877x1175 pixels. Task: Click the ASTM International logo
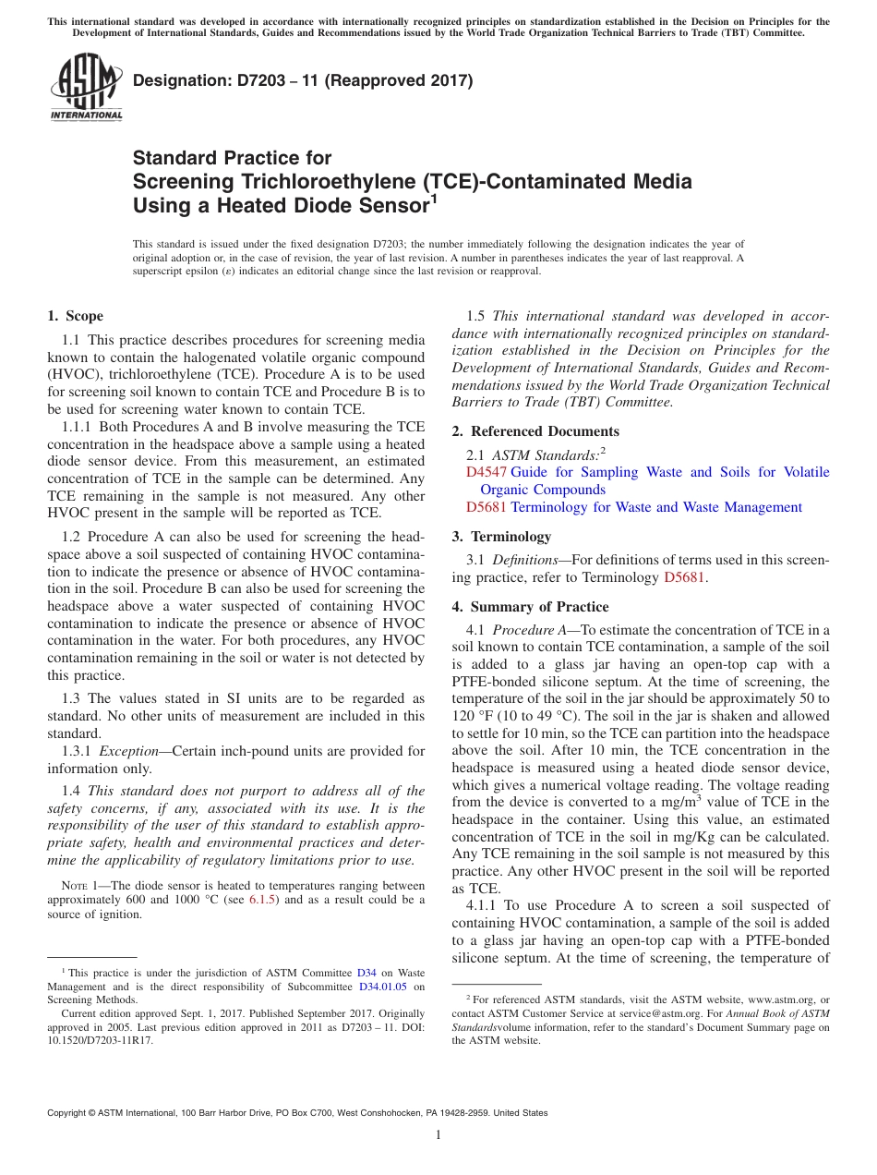tap(86, 89)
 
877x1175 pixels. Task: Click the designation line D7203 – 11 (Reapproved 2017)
tap(303, 80)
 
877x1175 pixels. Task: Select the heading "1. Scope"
tap(75, 316)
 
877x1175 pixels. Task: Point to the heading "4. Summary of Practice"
tap(530, 607)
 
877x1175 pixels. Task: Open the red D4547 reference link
tap(486, 472)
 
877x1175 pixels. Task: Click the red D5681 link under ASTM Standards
tap(486, 507)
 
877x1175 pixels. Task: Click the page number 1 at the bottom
tap(438, 1135)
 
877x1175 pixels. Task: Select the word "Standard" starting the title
tap(174, 158)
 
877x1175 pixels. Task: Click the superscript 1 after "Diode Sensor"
tap(434, 198)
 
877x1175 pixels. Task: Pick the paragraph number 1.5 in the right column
tap(476, 316)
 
